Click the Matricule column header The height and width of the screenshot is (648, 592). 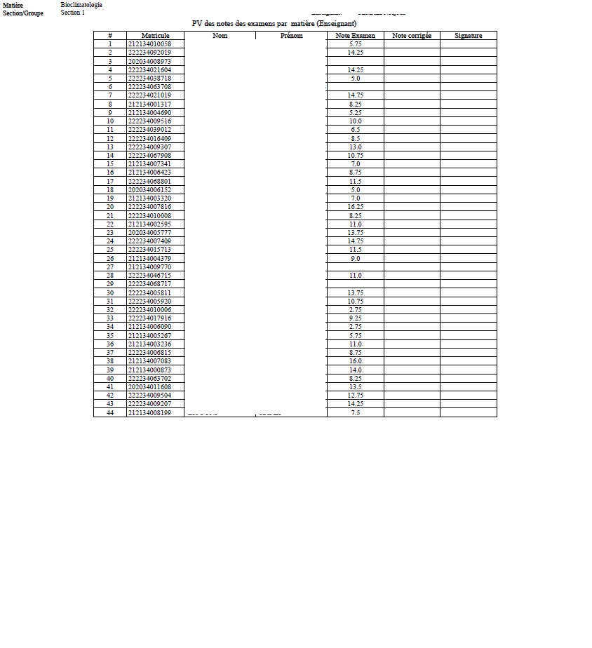click(155, 36)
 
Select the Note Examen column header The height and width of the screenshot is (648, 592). click(355, 36)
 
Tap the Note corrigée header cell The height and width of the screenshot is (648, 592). click(412, 36)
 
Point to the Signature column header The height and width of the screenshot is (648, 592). click(468, 36)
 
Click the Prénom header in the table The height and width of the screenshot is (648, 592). click(291, 36)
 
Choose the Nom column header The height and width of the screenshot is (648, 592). click(220, 36)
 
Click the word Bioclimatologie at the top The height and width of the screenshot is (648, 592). click(81, 5)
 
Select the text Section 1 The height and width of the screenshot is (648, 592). click(73, 13)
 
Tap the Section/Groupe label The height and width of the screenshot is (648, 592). click(23, 13)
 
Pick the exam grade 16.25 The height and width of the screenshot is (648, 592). click(355, 207)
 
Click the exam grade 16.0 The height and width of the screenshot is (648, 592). click(355, 361)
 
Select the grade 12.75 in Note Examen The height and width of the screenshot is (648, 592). click(355, 396)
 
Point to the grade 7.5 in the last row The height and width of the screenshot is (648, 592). click(355, 413)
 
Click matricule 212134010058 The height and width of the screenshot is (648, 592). click(149, 44)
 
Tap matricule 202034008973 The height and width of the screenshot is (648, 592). click(149, 62)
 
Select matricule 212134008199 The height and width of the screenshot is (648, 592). click(149, 413)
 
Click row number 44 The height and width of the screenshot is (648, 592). click(110, 413)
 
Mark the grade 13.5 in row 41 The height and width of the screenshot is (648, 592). click(355, 387)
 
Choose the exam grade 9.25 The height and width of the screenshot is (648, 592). click(355, 318)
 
